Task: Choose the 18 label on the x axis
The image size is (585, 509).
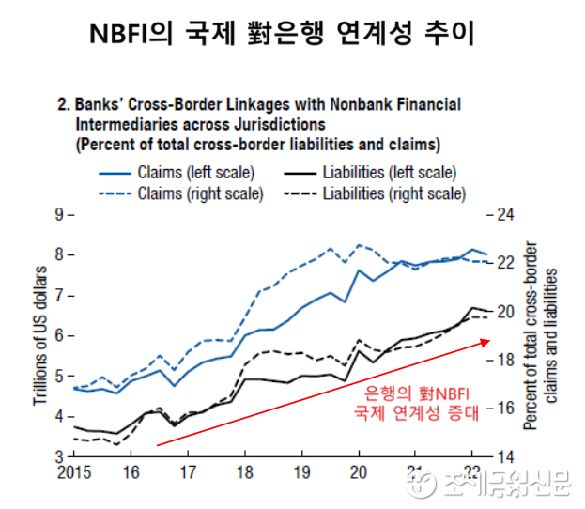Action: click(244, 472)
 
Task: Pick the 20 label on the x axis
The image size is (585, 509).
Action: click(359, 472)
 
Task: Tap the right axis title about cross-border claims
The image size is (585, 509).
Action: click(546, 336)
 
